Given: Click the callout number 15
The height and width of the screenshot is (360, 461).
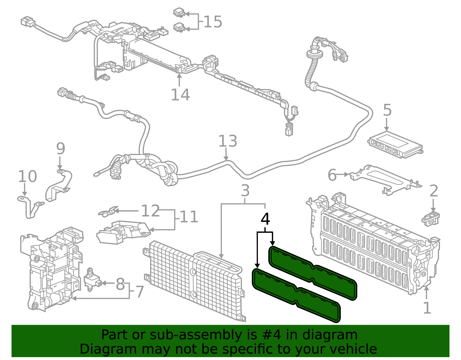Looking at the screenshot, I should pyautogui.click(x=213, y=22).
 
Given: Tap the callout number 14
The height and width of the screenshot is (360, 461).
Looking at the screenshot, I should pyautogui.click(x=180, y=95).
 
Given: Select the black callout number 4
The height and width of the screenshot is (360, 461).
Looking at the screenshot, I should pyautogui.click(x=265, y=219).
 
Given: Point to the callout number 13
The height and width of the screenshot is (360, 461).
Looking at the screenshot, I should pyautogui.click(x=228, y=141).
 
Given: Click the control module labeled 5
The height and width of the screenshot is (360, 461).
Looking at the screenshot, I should pyautogui.click(x=395, y=144).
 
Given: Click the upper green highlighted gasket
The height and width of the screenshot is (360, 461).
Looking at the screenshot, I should pyautogui.click(x=313, y=272).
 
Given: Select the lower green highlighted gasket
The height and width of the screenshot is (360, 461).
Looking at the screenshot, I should pyautogui.click(x=297, y=295).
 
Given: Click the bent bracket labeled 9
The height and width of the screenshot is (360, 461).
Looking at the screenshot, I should pyautogui.click(x=59, y=186).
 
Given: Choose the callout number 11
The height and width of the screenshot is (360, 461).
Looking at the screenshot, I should pyautogui.click(x=189, y=217).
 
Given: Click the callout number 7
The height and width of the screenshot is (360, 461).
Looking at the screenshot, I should pyautogui.click(x=139, y=292).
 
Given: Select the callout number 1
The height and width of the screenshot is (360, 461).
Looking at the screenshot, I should pyautogui.click(x=427, y=308).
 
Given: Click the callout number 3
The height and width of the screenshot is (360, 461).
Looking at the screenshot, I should pyautogui.click(x=245, y=191).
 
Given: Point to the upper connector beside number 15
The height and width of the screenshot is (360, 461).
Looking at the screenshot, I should pyautogui.click(x=179, y=13).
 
